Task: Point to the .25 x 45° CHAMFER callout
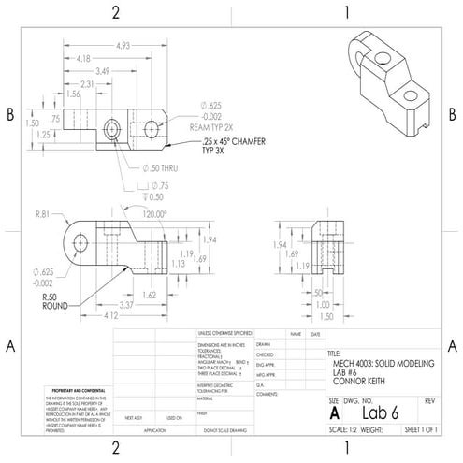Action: [x=210, y=140]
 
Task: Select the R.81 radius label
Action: [x=44, y=214]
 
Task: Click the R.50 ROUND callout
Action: [x=57, y=300]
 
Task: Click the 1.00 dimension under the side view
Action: [x=323, y=304]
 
